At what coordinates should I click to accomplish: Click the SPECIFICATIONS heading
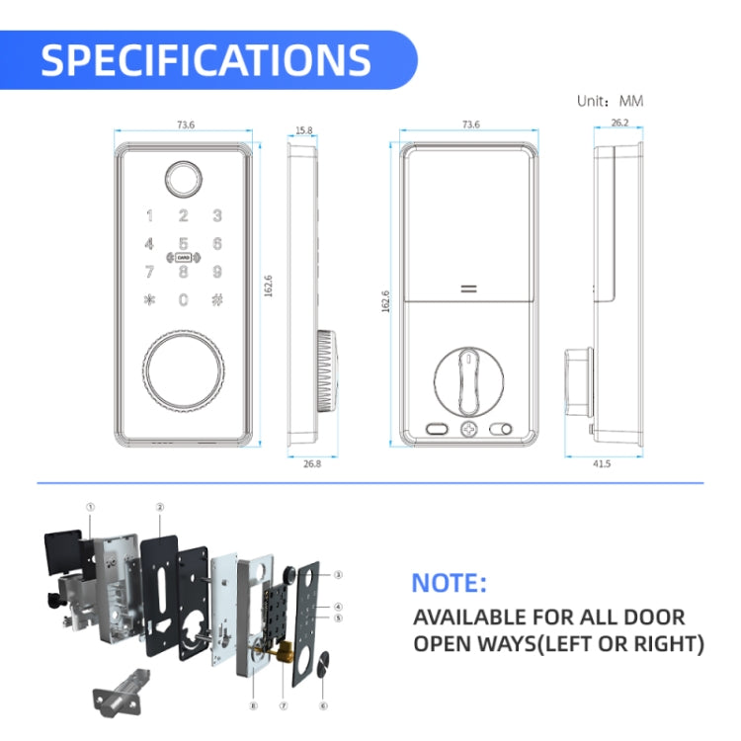point(206,60)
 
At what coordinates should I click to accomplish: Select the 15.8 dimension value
point(303,129)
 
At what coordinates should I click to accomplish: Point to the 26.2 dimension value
point(619,123)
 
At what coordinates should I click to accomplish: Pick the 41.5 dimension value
point(601,463)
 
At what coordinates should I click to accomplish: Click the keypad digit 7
point(149,272)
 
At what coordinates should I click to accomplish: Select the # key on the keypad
point(216,300)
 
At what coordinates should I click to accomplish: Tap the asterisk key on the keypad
point(149,300)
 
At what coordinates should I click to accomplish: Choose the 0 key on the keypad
point(183,300)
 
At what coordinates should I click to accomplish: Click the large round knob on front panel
point(183,372)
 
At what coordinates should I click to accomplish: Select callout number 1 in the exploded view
point(90,507)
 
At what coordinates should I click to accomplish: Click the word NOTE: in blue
point(449,583)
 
